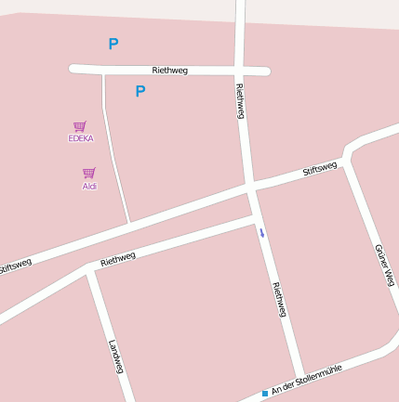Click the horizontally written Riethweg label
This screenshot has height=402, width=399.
169,71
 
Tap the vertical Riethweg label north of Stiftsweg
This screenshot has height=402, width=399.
240,101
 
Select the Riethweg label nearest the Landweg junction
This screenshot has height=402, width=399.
118,259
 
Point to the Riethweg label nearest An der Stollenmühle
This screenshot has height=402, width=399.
278,299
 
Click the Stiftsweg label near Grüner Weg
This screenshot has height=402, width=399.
320,170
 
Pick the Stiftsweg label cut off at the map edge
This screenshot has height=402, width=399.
14,266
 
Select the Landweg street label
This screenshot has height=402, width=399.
116,357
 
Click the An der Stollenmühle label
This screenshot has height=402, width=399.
307,380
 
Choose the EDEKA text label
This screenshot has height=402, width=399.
81,138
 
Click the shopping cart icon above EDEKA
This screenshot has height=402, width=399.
80,126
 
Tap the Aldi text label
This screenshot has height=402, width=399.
89,186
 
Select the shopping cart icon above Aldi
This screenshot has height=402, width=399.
89,173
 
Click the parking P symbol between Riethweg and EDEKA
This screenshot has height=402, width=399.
140,91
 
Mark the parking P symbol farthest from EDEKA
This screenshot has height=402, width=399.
113,44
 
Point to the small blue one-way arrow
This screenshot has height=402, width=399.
262,232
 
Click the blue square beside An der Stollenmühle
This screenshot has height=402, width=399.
265,394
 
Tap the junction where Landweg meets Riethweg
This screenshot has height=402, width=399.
91,268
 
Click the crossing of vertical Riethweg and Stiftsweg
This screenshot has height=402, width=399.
251,189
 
